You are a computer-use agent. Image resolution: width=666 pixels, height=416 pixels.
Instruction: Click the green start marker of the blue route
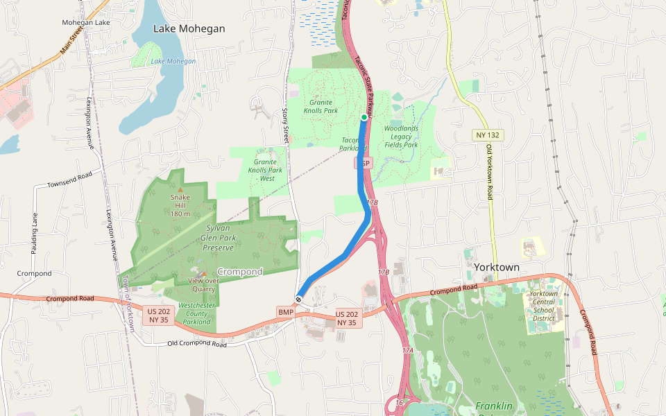364,118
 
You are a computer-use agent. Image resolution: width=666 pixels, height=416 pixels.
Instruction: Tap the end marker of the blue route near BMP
298,300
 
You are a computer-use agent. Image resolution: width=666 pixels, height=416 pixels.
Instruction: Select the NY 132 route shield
489,135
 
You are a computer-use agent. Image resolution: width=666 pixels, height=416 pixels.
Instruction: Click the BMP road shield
286,313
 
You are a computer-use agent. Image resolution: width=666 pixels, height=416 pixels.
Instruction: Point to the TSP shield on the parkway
364,163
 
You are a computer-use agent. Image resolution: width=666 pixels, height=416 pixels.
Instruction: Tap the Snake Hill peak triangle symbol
180,189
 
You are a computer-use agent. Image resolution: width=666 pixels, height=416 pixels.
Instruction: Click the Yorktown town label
497,267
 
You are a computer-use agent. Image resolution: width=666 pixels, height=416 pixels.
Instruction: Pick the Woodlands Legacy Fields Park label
401,137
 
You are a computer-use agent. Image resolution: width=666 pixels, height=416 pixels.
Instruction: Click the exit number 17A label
408,351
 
